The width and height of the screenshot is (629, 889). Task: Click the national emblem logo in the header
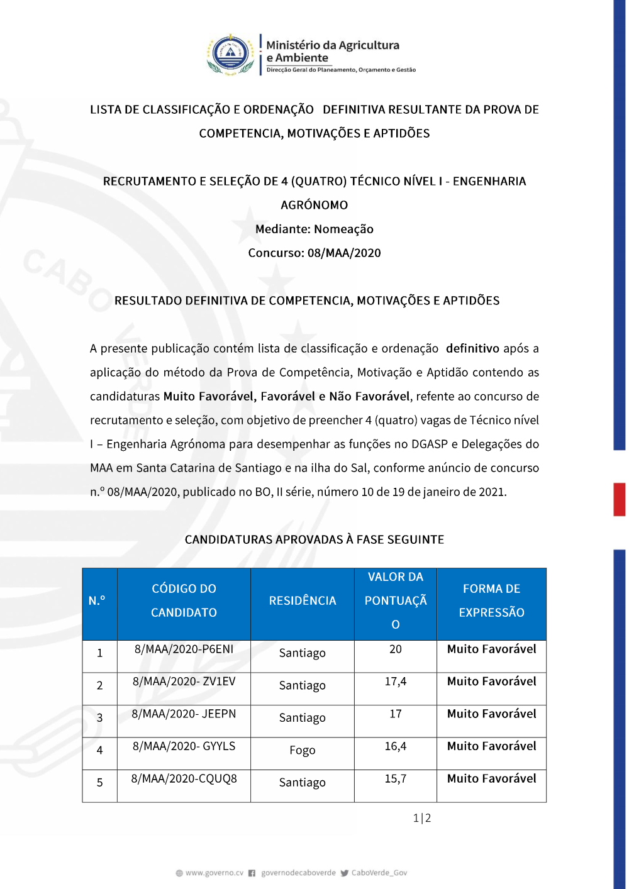point(231,55)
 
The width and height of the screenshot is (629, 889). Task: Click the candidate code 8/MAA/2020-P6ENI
point(184,649)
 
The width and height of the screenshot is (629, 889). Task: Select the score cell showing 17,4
point(396,682)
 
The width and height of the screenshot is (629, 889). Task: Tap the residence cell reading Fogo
point(303,750)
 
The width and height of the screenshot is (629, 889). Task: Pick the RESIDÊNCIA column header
point(303,600)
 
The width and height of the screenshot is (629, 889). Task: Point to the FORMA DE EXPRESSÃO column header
point(491,600)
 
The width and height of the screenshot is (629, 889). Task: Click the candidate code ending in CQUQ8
point(184,778)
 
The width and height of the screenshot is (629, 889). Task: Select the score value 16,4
point(396,746)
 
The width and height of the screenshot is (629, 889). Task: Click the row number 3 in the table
point(99,718)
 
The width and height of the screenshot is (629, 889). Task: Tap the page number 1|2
point(422,818)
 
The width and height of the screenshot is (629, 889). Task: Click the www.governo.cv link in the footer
point(214,873)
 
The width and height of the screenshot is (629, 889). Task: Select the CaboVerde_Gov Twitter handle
point(379,873)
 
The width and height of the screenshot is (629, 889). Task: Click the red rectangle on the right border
point(620,499)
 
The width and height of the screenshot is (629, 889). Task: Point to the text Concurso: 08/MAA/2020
point(314,253)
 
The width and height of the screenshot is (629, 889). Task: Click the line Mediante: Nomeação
point(314,229)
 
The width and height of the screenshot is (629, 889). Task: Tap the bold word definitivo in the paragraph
point(472,348)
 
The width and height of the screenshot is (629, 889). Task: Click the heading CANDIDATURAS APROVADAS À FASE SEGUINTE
point(314,539)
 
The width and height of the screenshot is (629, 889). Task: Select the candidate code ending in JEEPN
point(184,714)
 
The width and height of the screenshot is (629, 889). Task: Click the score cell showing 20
point(396,649)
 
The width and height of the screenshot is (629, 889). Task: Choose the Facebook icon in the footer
point(252,873)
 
